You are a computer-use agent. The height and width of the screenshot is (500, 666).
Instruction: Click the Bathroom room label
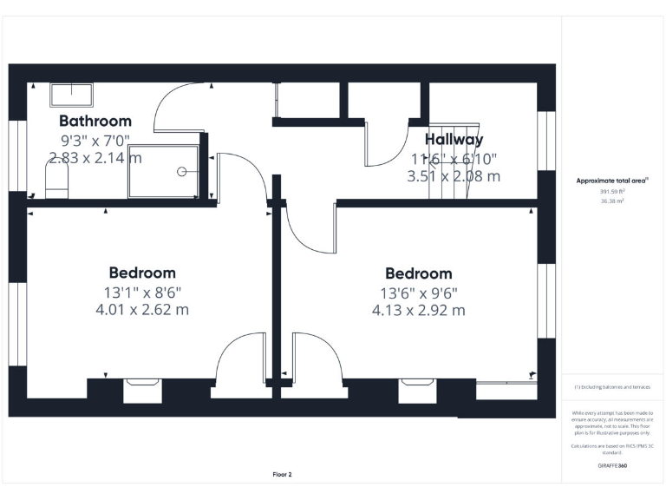click(x=95, y=121)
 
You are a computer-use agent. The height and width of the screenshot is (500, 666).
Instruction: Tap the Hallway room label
click(x=454, y=139)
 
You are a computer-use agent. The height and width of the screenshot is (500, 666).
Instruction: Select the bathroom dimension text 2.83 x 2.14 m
click(x=95, y=157)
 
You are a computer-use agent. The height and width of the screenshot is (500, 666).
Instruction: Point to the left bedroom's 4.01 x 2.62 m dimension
click(x=142, y=309)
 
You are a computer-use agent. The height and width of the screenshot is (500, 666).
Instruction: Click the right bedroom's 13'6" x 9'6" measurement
click(x=419, y=293)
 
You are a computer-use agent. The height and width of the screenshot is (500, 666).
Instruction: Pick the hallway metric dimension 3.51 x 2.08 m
click(x=454, y=176)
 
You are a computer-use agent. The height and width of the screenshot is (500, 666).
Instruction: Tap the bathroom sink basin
click(x=70, y=94)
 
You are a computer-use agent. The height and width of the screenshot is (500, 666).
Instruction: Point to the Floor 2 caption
click(x=282, y=475)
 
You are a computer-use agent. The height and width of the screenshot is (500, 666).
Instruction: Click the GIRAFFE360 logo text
click(x=612, y=467)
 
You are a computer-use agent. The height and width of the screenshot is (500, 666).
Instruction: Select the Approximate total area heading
click(x=612, y=181)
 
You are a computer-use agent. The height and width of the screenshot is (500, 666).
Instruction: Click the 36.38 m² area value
click(x=612, y=201)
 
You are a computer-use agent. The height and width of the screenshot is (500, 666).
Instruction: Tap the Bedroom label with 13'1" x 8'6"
click(x=142, y=273)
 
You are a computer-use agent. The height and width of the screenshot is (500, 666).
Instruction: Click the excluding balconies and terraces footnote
click(x=612, y=387)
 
